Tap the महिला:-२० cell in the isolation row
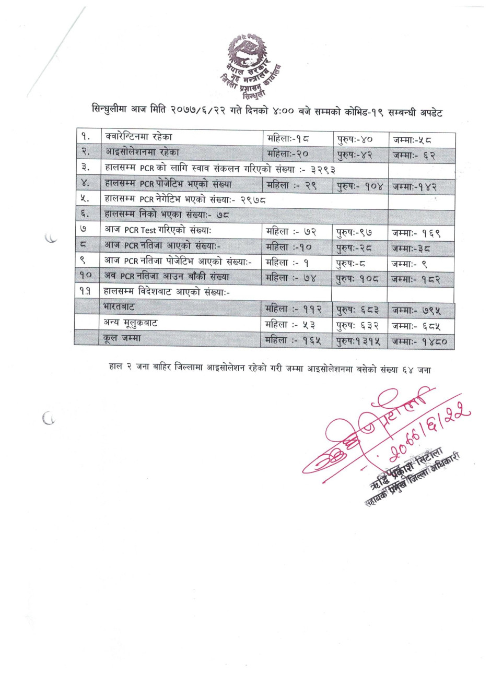288,153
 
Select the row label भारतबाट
120,307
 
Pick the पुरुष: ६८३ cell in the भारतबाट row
358,311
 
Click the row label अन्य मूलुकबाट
131,323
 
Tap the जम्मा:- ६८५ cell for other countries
417,326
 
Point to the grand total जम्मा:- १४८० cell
420,342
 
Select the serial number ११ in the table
86,293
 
